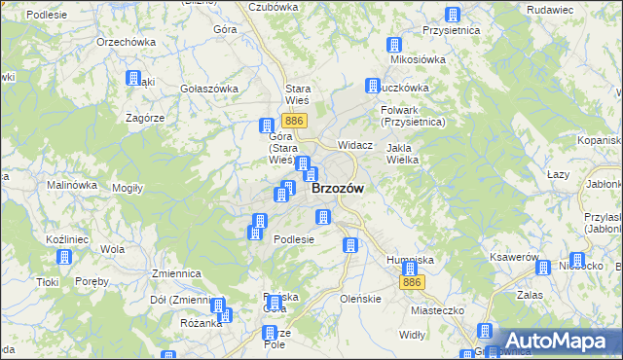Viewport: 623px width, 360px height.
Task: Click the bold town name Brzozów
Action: [338, 190]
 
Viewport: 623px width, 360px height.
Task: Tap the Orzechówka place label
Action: [127, 43]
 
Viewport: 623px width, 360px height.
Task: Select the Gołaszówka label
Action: [209, 89]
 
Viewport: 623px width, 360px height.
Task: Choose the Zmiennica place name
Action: [176, 274]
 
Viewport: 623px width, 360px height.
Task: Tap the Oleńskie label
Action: [360, 299]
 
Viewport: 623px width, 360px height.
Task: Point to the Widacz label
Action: [355, 145]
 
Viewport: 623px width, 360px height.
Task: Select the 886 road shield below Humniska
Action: [412, 282]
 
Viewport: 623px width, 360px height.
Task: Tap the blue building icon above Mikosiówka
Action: [394, 45]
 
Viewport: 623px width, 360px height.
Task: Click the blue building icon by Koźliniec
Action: [64, 258]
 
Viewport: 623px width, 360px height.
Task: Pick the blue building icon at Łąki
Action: [133, 79]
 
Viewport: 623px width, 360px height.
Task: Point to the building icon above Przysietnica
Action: [452, 15]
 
